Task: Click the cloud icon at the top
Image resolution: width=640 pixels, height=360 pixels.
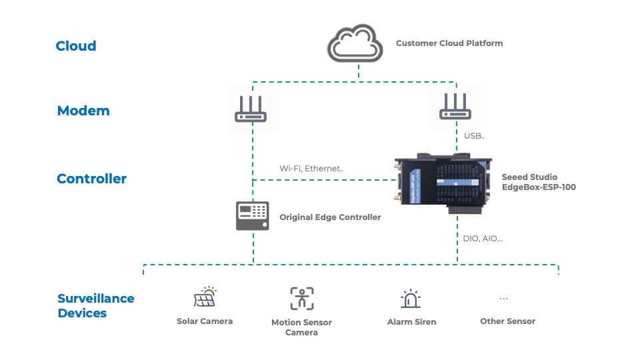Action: pos(355,44)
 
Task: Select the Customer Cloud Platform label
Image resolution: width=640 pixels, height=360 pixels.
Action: pos(449,43)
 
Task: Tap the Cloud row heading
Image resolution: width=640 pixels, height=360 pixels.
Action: pos(76,46)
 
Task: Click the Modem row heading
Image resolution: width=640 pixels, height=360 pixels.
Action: pos(83,111)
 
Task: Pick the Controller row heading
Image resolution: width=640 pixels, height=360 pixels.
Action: pos(91,179)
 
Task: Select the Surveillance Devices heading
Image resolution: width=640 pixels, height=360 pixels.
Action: pos(95,305)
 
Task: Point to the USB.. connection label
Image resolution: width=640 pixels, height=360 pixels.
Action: pos(474,136)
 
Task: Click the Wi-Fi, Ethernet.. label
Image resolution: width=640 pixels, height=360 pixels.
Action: pos(311,169)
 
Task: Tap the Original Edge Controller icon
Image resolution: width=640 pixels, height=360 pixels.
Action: pos(253,216)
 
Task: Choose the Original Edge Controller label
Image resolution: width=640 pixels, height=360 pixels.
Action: pos(330,217)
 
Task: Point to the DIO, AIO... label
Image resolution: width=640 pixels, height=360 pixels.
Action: pos(483,238)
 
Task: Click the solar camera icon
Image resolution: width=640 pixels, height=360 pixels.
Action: pos(205,297)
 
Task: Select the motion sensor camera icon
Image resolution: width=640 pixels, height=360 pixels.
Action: pos(301,299)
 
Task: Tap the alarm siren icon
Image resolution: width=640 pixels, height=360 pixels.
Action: pos(411,299)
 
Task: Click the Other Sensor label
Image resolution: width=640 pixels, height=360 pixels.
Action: pos(507,321)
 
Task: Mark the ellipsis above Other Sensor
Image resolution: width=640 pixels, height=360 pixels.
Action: pos(503,298)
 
